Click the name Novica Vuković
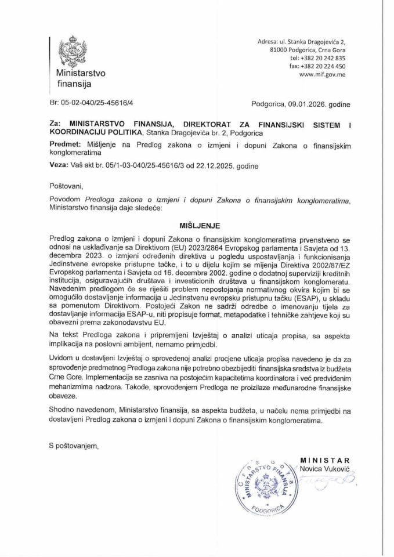point(321,467)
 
